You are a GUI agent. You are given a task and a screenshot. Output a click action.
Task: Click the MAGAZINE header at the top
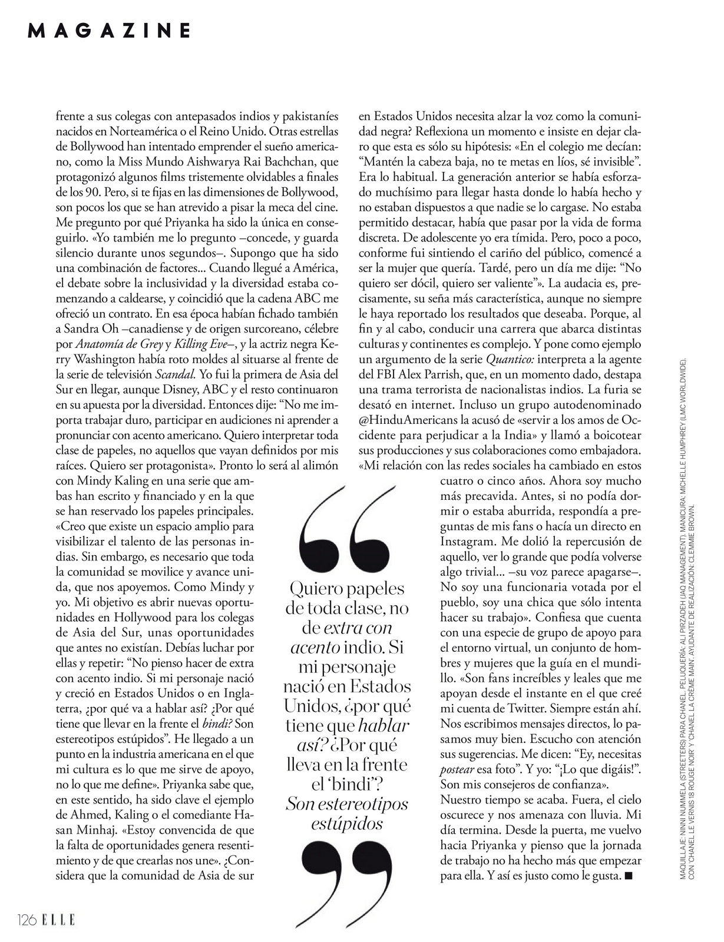tap(110, 31)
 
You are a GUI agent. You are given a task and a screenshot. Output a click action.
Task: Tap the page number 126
tap(28, 919)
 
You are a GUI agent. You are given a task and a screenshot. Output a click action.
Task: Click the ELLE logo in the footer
tap(58, 919)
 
